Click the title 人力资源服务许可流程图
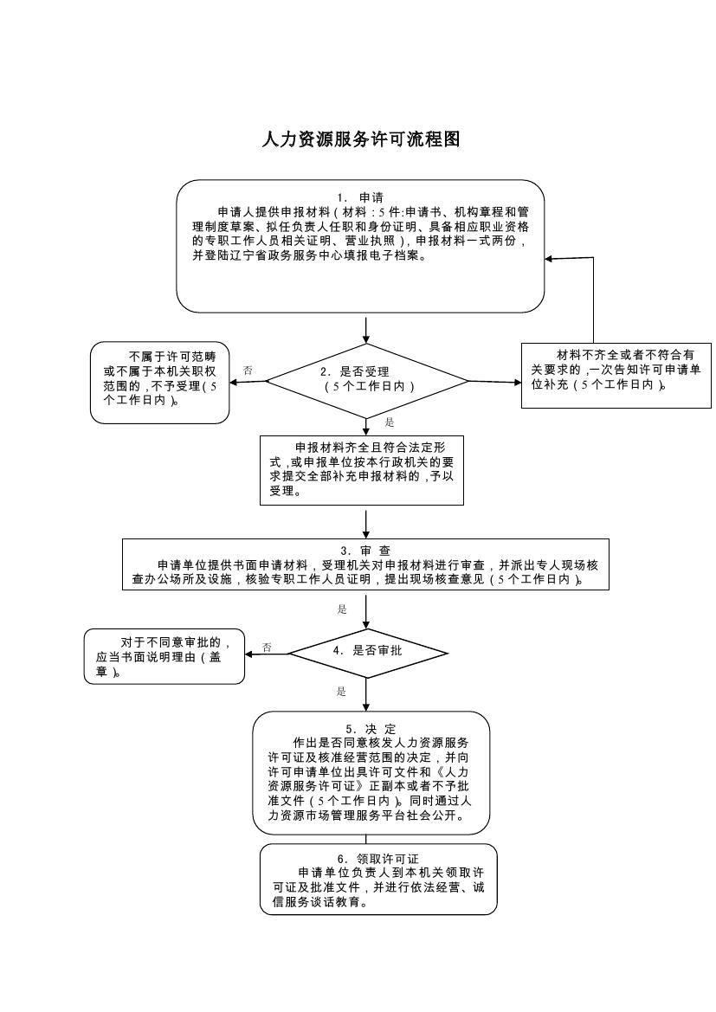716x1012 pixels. pos(360,139)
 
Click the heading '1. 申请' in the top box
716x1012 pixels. pos(360,197)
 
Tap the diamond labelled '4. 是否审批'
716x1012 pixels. pos(368,650)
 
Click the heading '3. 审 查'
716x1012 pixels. pos(364,551)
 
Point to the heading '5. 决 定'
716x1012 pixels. pos(371,728)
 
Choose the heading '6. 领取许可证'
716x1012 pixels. pos(378,858)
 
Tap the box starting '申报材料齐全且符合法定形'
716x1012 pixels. pos(362,469)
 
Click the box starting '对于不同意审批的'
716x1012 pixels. pos(164,655)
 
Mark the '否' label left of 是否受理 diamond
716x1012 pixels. pos(248,370)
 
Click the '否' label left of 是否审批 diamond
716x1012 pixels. pos(267,647)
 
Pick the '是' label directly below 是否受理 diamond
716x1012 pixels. pos(390,422)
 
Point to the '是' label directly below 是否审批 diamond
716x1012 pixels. pos(342,691)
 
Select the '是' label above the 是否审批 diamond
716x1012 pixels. pos(342,609)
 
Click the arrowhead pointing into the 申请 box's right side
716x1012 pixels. pos(550,259)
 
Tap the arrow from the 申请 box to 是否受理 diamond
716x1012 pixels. pos(367,329)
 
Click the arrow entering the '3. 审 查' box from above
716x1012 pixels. pos(367,525)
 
